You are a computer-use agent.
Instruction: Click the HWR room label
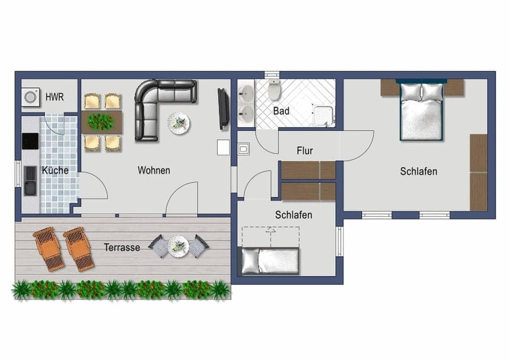pos(54,97)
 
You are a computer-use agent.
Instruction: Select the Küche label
pos(55,171)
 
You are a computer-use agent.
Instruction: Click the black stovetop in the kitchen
pos(30,141)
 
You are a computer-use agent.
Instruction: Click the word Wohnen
pos(154,171)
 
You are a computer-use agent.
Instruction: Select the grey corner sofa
pos(159,104)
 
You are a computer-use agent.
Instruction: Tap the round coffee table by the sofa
pos(178,123)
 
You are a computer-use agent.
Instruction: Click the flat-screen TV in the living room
pos(223,109)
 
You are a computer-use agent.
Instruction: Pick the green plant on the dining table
pos(100,122)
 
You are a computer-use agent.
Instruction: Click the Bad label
pos(281,111)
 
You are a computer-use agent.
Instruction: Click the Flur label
pos(305,150)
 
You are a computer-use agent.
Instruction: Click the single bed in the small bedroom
pos(270,261)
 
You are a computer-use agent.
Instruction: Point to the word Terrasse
pos(122,247)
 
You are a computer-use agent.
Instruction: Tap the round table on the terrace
pos(178,246)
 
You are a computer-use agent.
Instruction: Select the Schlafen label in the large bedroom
pos(419,171)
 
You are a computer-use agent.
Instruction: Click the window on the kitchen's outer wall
pos(18,174)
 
